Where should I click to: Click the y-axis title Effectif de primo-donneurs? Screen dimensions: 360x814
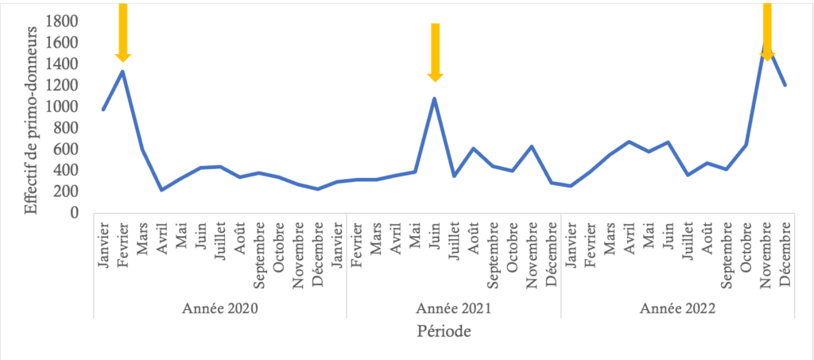(32, 119)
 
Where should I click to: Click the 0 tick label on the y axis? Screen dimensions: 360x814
(76, 213)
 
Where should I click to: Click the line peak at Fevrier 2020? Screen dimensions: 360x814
(122, 72)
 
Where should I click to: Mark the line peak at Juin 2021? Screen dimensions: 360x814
(435, 99)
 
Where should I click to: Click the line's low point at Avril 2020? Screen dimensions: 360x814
(161, 190)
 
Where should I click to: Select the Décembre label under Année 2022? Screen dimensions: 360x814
(786, 254)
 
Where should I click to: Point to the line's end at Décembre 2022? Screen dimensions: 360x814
(785, 85)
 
